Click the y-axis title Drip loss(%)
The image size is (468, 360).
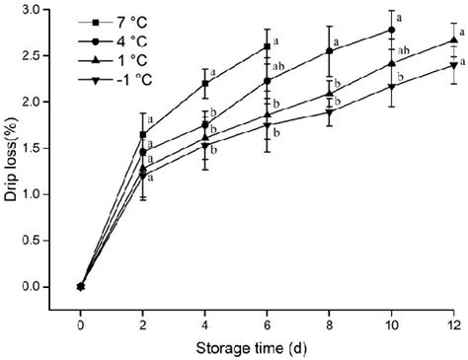[15, 152]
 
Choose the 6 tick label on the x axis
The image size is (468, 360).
[268, 322]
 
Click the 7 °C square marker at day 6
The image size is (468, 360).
[268, 46]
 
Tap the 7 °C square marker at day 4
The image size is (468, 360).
[205, 84]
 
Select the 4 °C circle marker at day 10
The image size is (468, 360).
[392, 31]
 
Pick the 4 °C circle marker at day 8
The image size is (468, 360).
[330, 51]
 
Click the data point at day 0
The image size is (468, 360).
[81, 286]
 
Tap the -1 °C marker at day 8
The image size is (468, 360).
[330, 112]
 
